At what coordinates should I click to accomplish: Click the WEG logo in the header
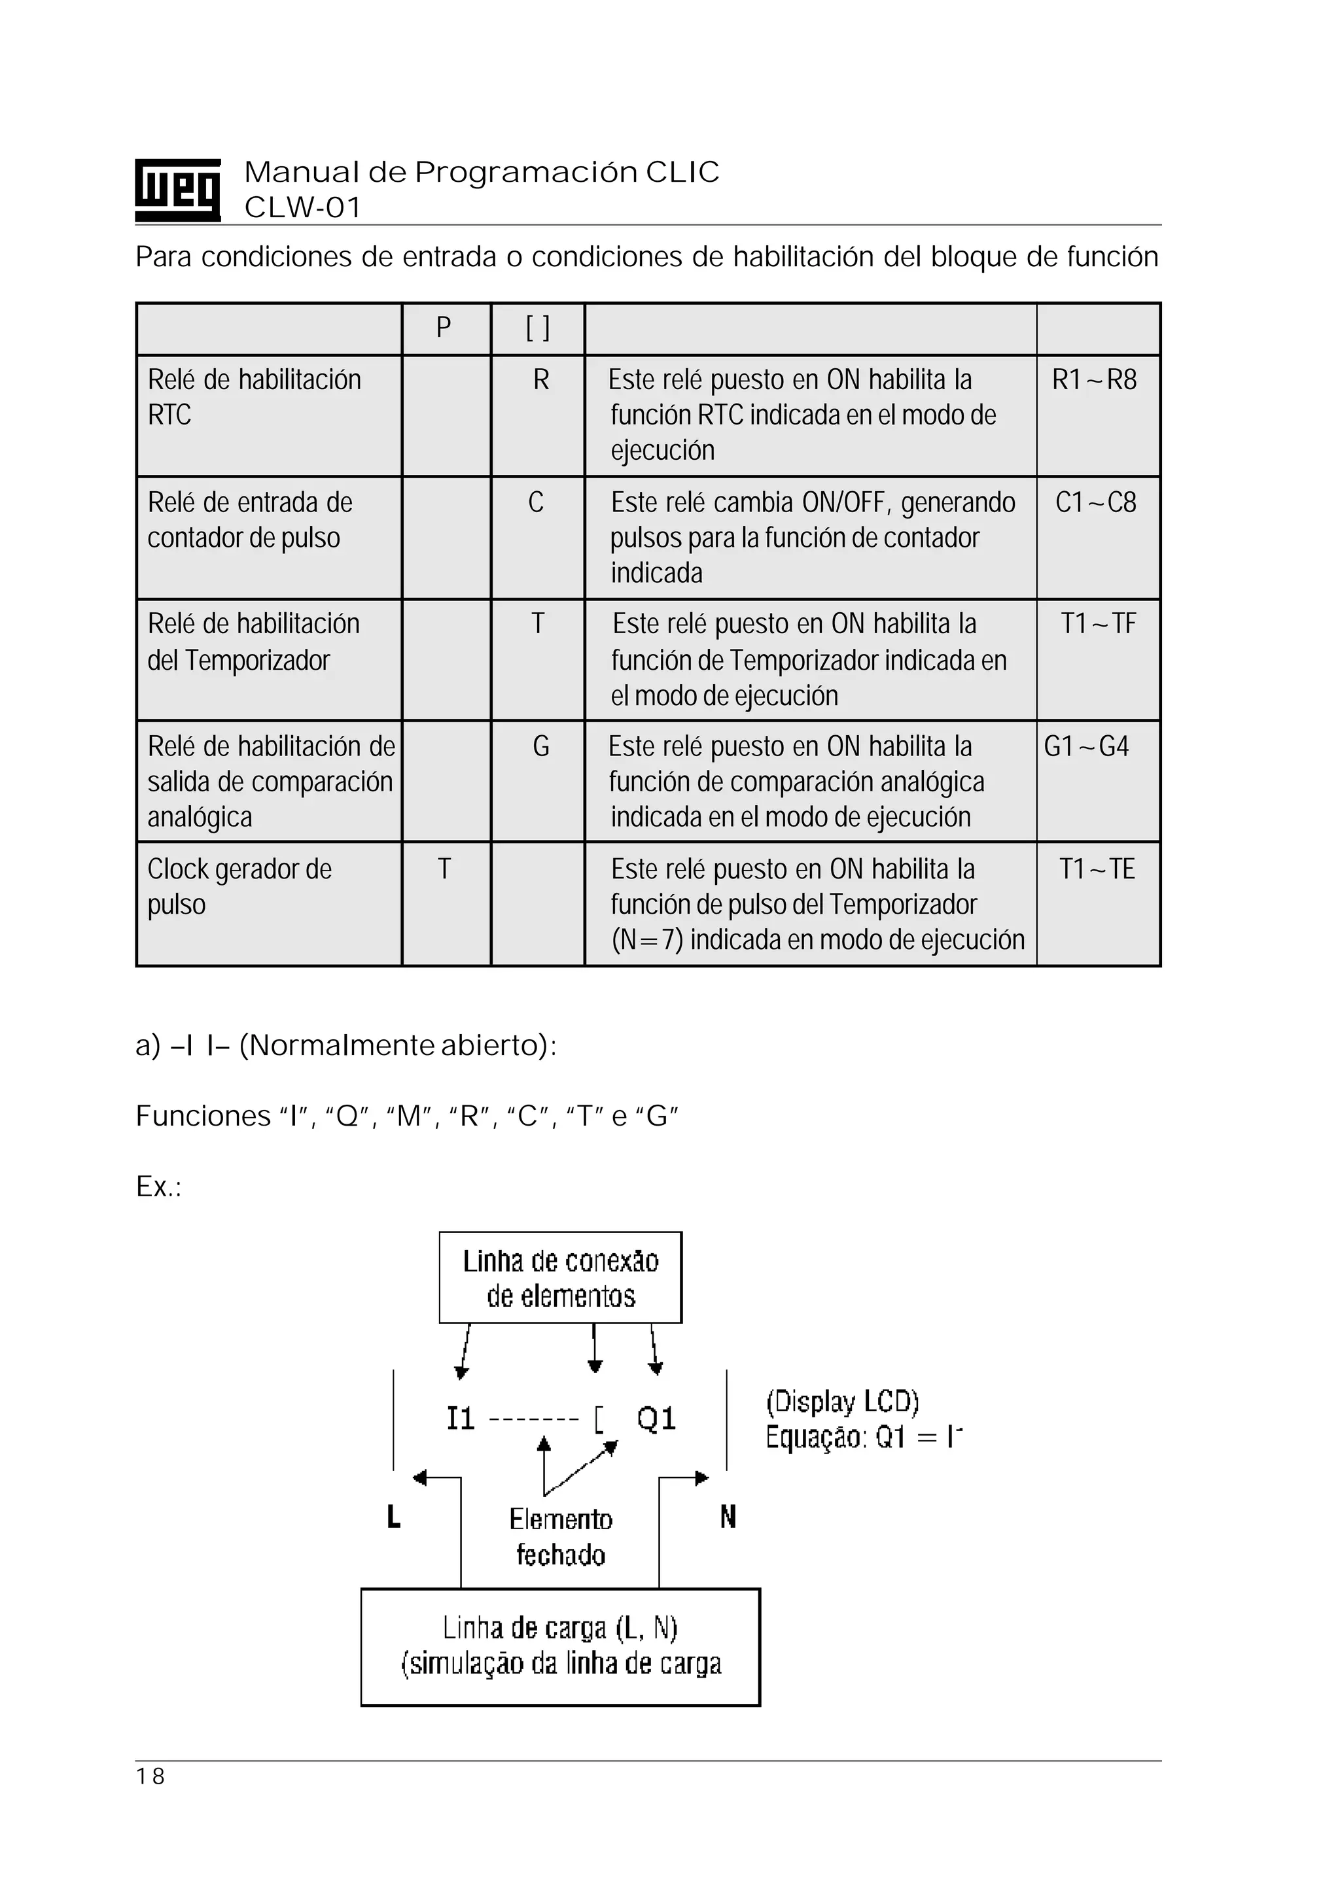[x=177, y=190]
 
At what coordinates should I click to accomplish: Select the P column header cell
[x=444, y=328]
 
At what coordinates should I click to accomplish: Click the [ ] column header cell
[x=538, y=328]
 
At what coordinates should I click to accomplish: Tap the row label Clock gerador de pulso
[x=239, y=886]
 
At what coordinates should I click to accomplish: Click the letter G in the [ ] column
[x=540, y=747]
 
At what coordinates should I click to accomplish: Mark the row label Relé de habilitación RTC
[x=254, y=397]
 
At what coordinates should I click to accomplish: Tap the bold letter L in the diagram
[x=394, y=1517]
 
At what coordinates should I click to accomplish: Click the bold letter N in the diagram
[x=728, y=1517]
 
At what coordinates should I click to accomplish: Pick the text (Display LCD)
[x=842, y=1402]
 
